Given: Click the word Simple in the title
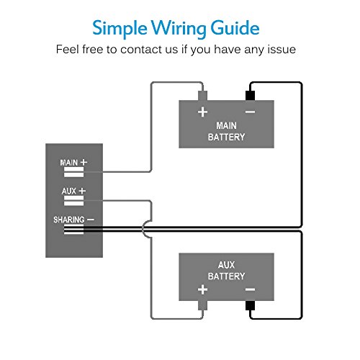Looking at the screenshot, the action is pos(120,29).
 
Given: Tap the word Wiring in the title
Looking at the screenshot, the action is pos(179,29).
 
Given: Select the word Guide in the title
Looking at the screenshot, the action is pos(235,27).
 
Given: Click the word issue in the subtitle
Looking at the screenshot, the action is pos(282,50).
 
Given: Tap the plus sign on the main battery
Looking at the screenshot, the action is pos(202,112).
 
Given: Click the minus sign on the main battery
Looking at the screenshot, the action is pos(250,112).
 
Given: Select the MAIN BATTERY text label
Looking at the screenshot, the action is pos(226,131).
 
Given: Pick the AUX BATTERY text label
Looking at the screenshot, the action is pos(226,271).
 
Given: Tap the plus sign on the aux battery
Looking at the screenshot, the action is pos(202,289).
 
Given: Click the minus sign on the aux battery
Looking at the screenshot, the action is pos(250,289).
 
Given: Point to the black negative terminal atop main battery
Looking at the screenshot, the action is pos(250,96).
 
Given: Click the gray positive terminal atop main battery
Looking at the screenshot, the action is pos(202,96).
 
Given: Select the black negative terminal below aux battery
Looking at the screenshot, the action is pos(250,305).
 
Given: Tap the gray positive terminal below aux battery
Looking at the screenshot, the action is pos(202,305).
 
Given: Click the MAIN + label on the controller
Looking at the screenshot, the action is pos(73,163).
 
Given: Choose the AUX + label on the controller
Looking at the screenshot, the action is pos(73,191).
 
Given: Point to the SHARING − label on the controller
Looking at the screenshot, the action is pos(73,220).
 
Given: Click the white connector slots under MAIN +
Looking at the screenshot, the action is pos(73,172).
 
